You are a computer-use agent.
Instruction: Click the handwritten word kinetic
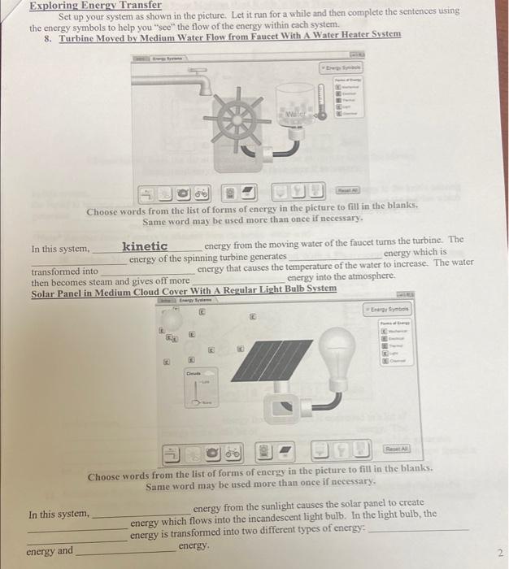[145, 246]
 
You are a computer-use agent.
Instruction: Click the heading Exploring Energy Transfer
[95, 5]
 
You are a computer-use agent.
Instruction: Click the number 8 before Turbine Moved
[48, 36]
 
